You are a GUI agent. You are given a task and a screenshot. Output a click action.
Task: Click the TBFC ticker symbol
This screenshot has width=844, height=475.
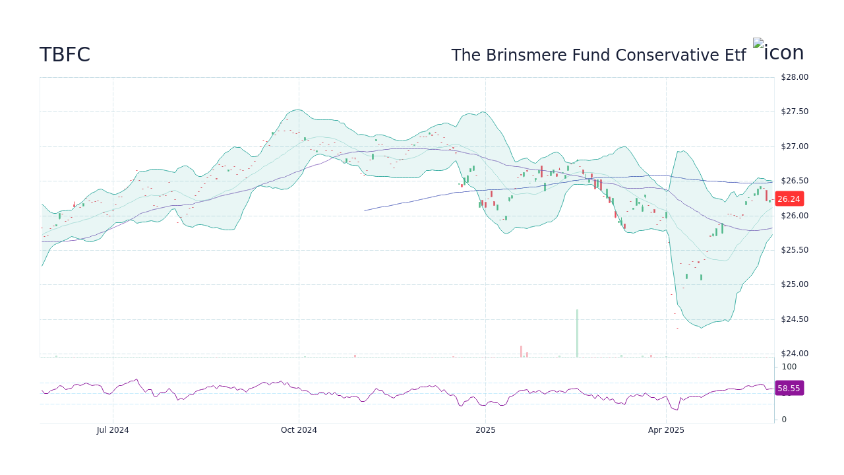tap(65, 55)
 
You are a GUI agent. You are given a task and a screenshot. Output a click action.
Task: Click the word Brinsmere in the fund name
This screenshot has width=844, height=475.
tap(523, 55)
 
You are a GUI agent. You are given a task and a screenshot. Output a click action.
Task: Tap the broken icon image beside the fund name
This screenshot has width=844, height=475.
tap(758, 44)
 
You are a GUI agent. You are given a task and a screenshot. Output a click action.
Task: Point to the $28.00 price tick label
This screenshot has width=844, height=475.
tap(794, 77)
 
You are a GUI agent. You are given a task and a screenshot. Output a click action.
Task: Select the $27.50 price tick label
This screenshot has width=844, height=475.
tap(794, 111)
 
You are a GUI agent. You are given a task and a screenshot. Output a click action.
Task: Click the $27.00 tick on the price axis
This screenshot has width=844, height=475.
tap(794, 146)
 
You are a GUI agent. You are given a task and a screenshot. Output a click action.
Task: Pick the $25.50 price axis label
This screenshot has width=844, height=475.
tap(794, 250)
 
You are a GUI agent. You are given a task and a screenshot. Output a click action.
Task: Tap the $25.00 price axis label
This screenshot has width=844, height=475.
tap(794, 284)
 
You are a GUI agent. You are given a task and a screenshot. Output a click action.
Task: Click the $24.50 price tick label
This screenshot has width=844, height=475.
tap(794, 319)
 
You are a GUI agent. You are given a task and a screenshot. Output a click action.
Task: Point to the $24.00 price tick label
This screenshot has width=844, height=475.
tap(794, 354)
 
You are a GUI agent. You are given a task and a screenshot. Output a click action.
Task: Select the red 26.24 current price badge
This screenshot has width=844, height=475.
tap(789, 199)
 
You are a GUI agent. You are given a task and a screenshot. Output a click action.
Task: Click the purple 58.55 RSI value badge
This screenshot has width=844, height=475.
tap(789, 389)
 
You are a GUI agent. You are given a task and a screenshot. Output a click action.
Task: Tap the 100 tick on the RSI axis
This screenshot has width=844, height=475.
tap(789, 367)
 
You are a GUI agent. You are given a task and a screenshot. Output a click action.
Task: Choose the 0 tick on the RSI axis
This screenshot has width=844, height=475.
tap(784, 420)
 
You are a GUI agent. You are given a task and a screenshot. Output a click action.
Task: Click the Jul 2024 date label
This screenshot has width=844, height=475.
tap(113, 430)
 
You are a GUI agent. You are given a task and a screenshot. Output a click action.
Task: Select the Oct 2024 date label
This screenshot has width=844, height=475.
tap(299, 430)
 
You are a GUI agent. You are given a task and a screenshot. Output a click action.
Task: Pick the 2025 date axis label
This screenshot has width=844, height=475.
tap(485, 430)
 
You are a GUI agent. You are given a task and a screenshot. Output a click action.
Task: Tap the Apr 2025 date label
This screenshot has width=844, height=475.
tap(666, 430)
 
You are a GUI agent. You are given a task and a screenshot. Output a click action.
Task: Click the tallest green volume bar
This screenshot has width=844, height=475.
tap(577, 333)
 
